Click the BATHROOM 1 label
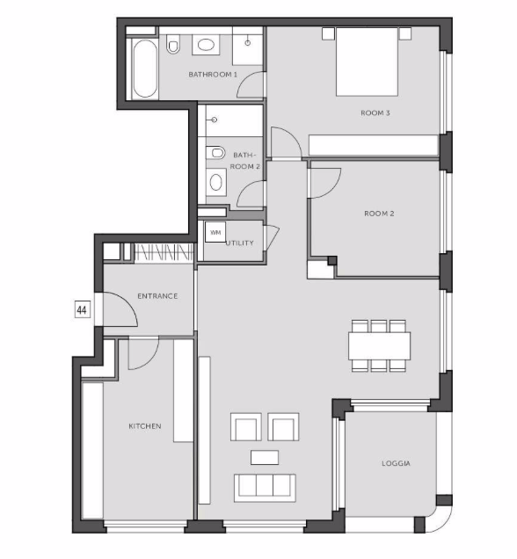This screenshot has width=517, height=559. [x=213, y=75]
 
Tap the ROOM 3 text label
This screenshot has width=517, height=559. [x=375, y=113]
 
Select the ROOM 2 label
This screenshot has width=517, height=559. [x=379, y=214]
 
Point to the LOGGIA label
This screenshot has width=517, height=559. [x=396, y=463]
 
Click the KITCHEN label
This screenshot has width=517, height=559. [x=145, y=426]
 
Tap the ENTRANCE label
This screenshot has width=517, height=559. [x=157, y=296]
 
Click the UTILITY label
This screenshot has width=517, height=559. [x=240, y=243]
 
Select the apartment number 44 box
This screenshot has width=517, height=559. [x=82, y=309]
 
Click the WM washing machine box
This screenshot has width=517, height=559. [x=215, y=232]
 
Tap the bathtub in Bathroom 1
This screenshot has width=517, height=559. [x=144, y=68]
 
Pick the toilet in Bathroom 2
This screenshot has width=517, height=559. [x=215, y=153]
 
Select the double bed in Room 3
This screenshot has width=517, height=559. [x=367, y=62]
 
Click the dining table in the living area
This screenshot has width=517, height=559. [x=379, y=345]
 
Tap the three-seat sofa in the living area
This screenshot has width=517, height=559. [x=265, y=488]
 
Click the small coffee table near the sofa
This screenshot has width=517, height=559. [x=265, y=457]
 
